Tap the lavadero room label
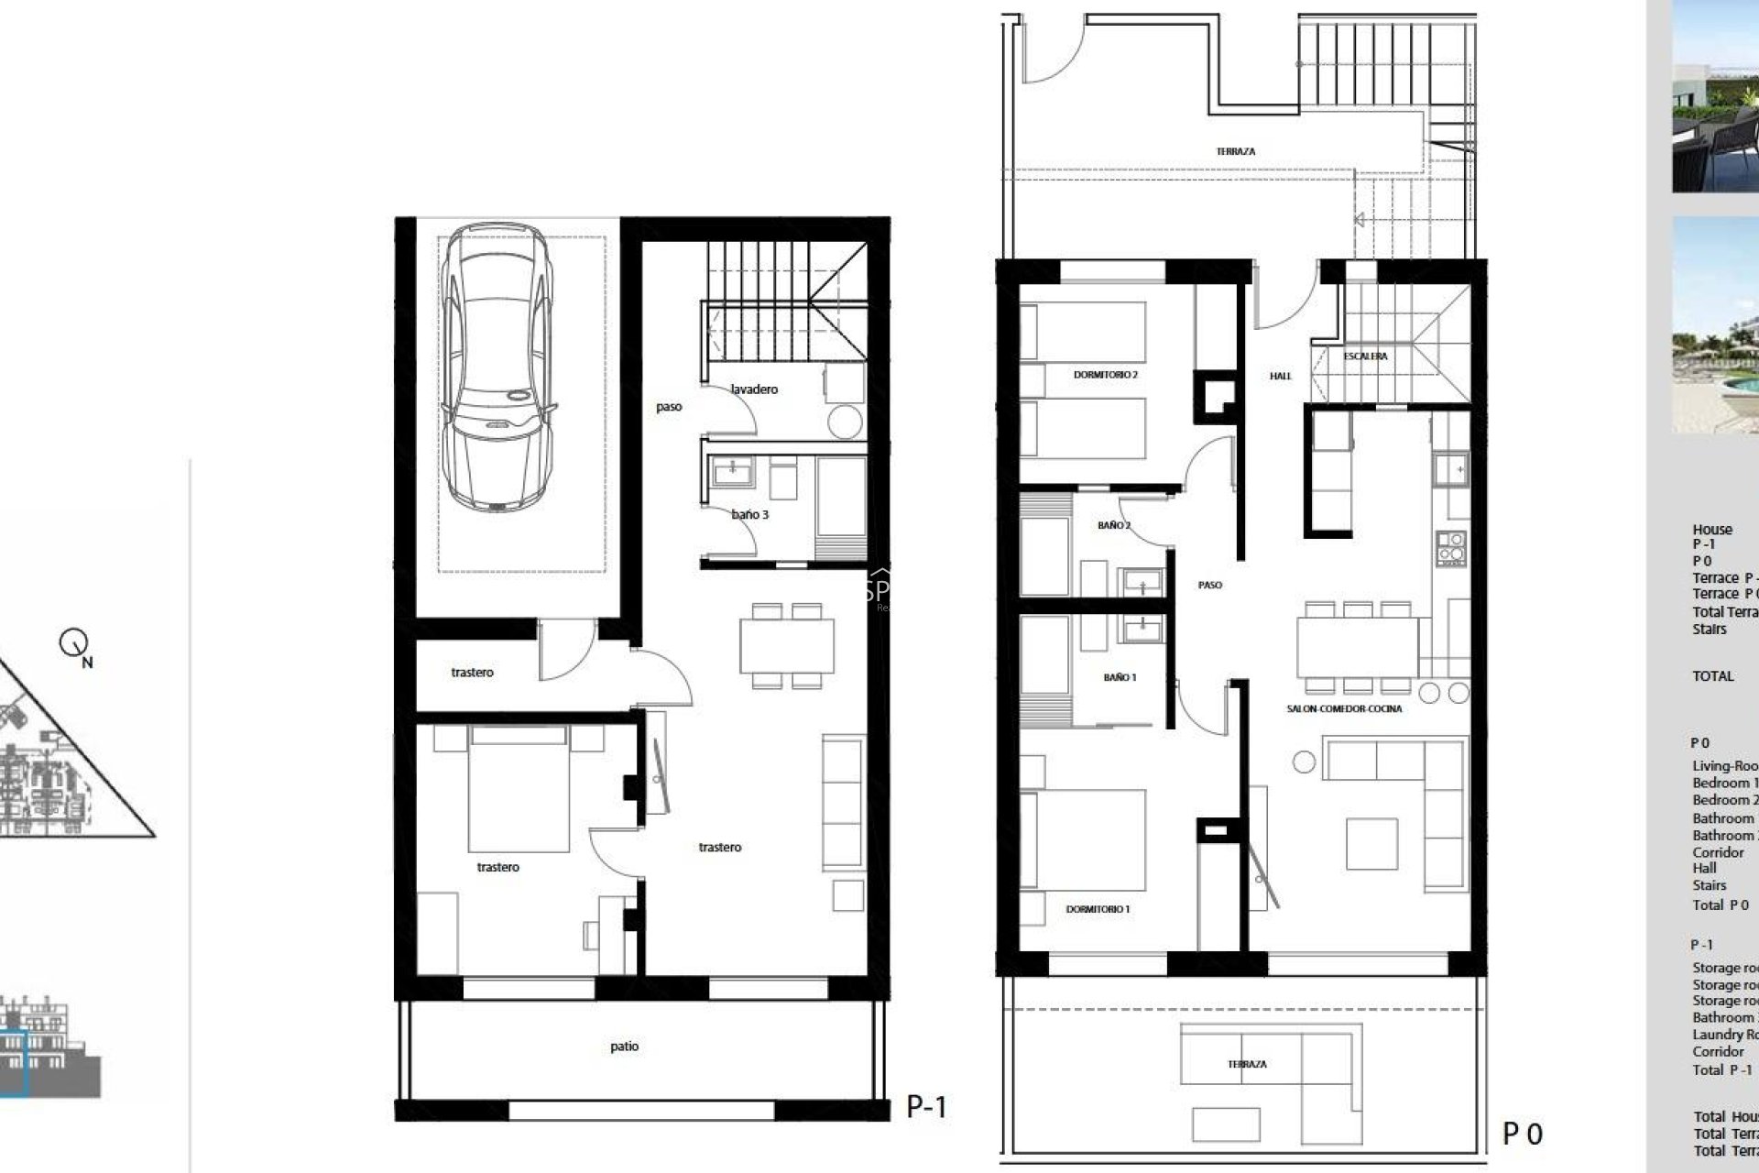754,389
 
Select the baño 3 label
750,515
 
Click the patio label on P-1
624,1047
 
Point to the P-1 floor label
926,1107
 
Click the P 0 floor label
1522,1135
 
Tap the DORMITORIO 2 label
1105,375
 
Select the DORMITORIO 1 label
1098,909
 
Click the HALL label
1281,376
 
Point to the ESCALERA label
1365,356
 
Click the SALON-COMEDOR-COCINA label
1344,709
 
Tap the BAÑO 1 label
1120,678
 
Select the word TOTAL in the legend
1712,676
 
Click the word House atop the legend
1711,530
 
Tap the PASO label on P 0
1209,585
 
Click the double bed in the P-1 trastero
518,788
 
